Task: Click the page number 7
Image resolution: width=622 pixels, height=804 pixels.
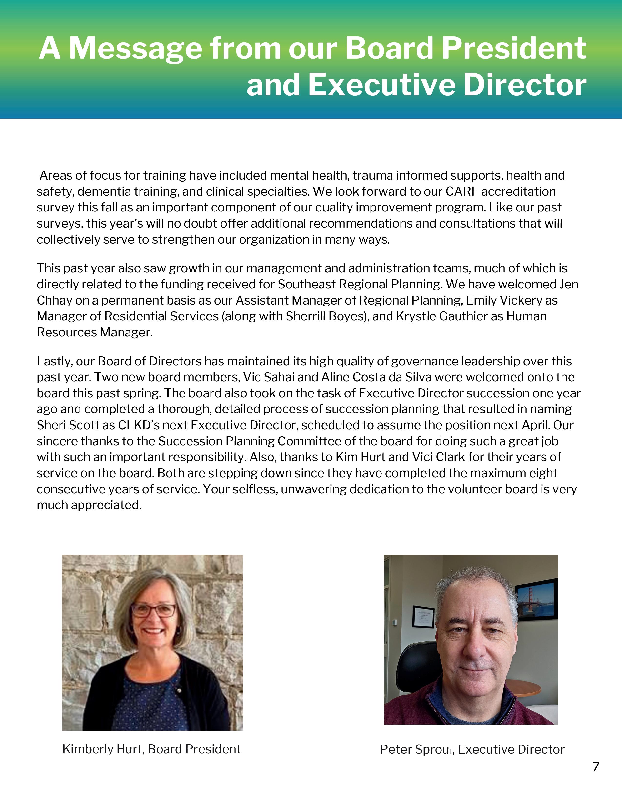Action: [596, 767]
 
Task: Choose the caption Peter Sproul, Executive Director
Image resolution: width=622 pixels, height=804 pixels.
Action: [472, 749]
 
